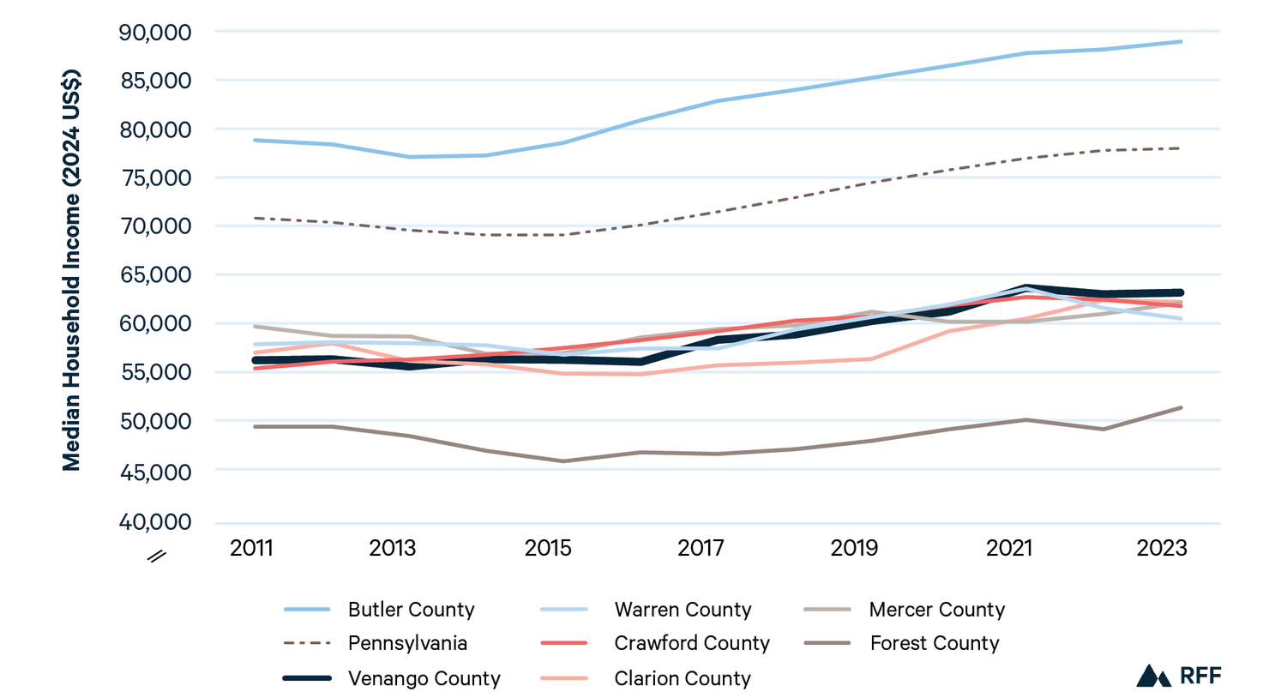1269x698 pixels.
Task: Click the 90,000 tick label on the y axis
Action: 155,33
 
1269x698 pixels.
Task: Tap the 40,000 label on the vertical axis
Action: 155,521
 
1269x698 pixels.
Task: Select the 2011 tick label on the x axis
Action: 251,548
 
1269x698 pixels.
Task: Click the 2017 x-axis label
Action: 701,548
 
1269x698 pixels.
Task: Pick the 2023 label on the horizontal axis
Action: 1162,548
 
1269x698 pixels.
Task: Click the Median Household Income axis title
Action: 71,269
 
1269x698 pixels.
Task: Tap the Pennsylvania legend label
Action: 408,644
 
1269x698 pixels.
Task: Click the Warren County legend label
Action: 683,610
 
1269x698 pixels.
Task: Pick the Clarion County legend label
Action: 683,678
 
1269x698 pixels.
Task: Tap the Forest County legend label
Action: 935,644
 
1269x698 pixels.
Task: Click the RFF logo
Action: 1179,676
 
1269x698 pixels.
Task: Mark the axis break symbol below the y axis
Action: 156,557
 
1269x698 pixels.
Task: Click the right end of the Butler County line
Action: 1181,41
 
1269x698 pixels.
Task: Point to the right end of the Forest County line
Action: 1181,407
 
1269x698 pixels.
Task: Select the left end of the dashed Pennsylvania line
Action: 256,218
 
